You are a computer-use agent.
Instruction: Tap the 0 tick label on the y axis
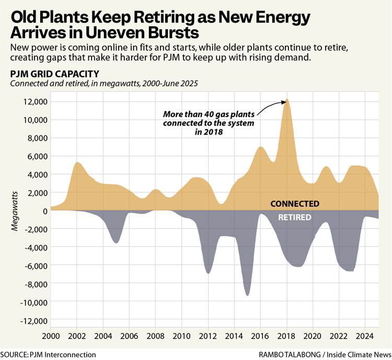click(x=45, y=211)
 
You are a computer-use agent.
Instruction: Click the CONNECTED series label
click(x=294, y=204)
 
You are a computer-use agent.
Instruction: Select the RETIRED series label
click(x=294, y=217)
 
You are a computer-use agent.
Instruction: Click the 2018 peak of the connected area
click(x=287, y=99)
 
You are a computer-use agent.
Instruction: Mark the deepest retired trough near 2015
click(x=247, y=296)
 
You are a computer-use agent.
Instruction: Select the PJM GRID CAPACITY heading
click(x=51, y=73)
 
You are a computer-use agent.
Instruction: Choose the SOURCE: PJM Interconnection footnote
click(x=48, y=354)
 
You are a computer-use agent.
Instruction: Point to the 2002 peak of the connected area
click(x=77, y=162)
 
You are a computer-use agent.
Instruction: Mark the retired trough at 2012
click(x=208, y=273)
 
